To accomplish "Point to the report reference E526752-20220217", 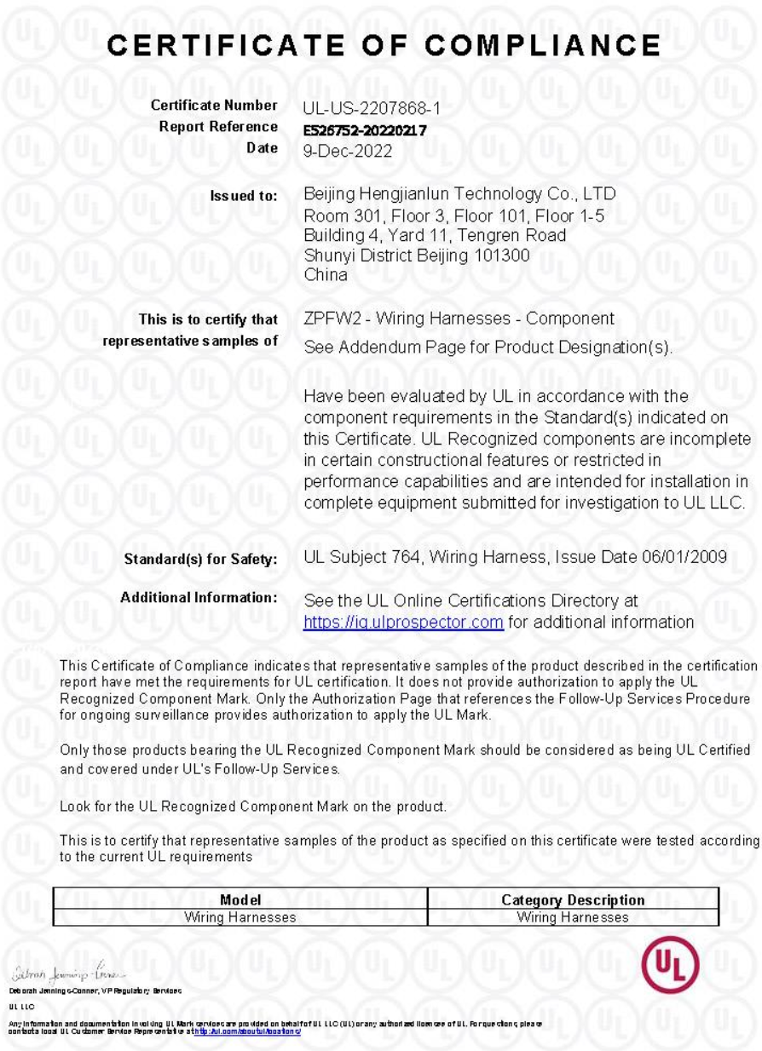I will click(365, 129).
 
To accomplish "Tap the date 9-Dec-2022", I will click(347, 149).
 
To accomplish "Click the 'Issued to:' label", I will click(244, 196).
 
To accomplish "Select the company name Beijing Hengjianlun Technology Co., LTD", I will click(459, 195).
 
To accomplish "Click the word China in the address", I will click(326, 275).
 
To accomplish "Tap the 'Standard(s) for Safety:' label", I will click(201, 560).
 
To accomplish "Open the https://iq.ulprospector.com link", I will click(403, 622).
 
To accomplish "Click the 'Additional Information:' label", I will click(199, 599).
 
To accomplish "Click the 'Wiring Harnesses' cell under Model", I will click(240, 917).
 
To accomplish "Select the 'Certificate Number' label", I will click(213, 106).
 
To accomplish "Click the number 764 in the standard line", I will click(412, 559).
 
